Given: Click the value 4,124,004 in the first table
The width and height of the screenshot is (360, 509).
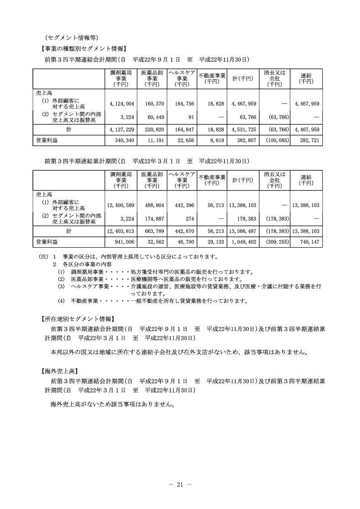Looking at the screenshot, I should tap(120, 104).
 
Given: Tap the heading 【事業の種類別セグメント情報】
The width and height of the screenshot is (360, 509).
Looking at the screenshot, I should tap(82, 49).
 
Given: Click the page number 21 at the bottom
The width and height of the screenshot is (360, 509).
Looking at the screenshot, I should tap(180, 484).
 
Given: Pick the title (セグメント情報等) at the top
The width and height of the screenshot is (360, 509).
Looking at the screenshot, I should tap(72, 37).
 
